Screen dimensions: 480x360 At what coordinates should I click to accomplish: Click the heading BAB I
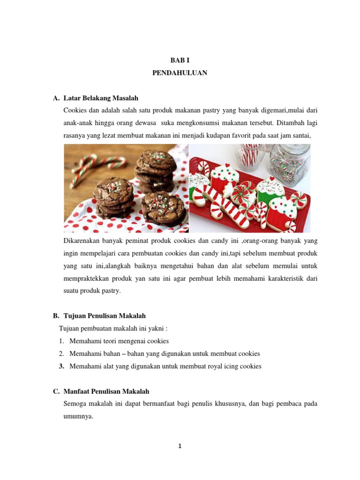180,61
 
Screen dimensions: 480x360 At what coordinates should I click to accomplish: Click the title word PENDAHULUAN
180,73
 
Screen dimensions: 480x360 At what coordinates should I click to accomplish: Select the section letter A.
56,98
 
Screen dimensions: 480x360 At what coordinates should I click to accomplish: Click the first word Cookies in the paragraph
75,111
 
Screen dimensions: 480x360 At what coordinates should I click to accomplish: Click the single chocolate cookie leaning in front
164,206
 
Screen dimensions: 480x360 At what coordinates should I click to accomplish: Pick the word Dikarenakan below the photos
81,241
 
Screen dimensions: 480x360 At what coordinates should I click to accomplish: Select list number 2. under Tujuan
61,353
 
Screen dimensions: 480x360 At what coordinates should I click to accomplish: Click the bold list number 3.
61,366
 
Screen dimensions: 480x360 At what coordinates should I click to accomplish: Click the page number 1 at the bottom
180,446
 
